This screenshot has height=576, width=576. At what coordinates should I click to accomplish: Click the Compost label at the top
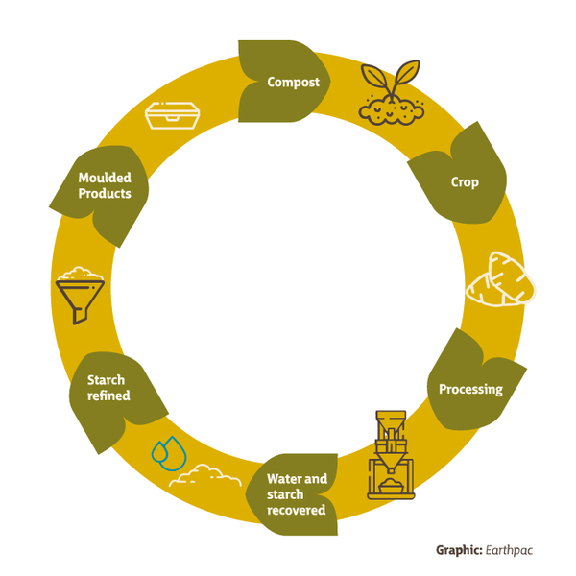tap(293, 81)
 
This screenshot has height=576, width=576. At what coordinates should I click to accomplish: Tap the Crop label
tap(465, 181)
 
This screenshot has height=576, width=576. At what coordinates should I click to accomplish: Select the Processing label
tap(470, 389)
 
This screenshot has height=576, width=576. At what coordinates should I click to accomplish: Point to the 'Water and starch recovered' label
tap(297, 493)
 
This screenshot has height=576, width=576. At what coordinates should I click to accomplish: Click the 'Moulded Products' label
tap(105, 186)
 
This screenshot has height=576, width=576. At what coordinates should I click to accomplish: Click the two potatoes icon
tap(500, 281)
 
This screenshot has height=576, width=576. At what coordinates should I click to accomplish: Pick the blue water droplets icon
tap(168, 453)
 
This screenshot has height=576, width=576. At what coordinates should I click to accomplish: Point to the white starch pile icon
tap(204, 474)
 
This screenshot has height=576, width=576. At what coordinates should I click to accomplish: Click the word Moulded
tap(105, 179)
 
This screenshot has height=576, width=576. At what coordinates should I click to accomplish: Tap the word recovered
tap(297, 510)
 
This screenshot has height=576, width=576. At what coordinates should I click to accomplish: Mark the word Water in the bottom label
tap(284, 478)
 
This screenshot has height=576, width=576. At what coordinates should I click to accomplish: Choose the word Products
tap(105, 194)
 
